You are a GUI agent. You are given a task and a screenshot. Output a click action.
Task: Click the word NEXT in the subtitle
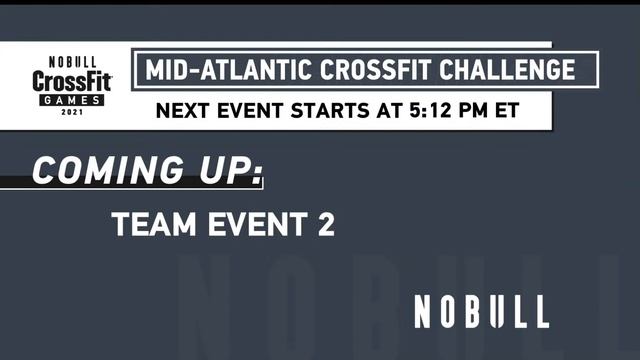pos(183,110)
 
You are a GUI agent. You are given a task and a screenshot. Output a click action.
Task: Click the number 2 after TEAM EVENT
pos(324,225)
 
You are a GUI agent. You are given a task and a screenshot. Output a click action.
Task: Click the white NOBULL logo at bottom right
pos(481,312)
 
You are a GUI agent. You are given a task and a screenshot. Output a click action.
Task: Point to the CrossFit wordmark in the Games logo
pos(72,82)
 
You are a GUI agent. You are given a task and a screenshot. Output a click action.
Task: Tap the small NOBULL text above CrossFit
pos(72,61)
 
